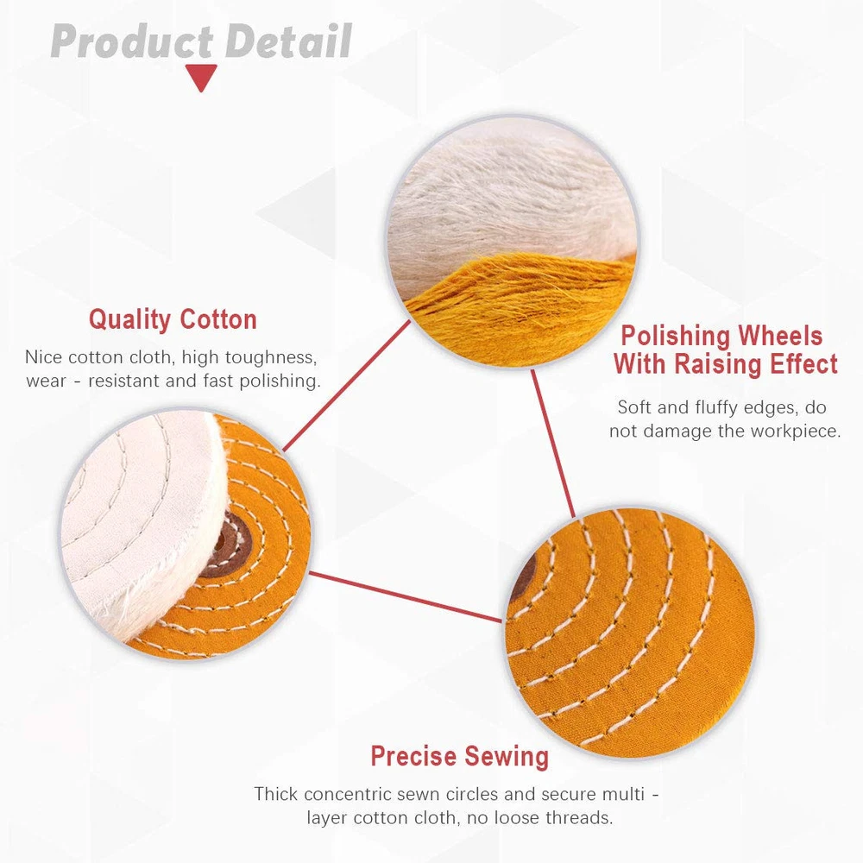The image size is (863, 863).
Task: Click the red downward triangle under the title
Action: point(201,77)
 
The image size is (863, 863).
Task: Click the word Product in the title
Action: point(132,41)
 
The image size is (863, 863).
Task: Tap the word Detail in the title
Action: point(289,41)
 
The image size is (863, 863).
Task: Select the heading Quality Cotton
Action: point(173,320)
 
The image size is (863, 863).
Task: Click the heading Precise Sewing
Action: point(460,756)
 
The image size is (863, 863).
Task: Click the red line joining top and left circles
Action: point(346,387)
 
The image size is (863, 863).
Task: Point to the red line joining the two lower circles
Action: point(406,597)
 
